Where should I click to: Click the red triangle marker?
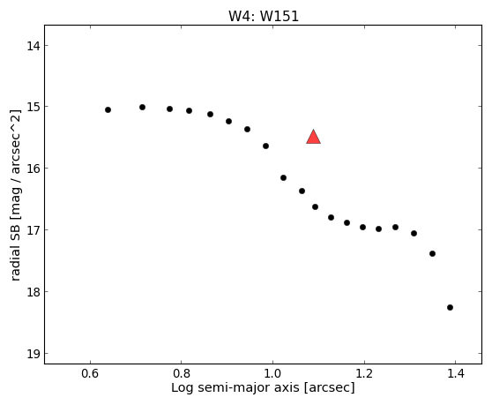(x=314, y=137)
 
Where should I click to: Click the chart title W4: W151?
(x=264, y=17)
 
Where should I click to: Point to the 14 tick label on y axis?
(x=34, y=46)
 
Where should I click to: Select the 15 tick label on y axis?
(x=34, y=107)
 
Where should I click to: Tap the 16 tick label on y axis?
(x=34, y=169)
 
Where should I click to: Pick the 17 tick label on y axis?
(x=34, y=230)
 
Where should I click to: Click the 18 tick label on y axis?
(x=34, y=292)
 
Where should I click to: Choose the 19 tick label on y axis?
(x=34, y=354)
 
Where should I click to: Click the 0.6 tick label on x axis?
(x=90, y=373)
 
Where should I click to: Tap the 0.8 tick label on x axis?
(x=182, y=373)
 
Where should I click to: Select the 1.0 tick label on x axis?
(x=272, y=373)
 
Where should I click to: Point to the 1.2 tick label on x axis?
(x=364, y=373)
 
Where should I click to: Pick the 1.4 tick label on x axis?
(x=455, y=373)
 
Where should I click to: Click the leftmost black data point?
(x=108, y=110)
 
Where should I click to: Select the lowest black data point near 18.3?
(x=450, y=307)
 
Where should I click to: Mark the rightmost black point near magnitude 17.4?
(x=432, y=253)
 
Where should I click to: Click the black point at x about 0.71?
(x=142, y=108)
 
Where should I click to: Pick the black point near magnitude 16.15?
(x=283, y=177)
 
